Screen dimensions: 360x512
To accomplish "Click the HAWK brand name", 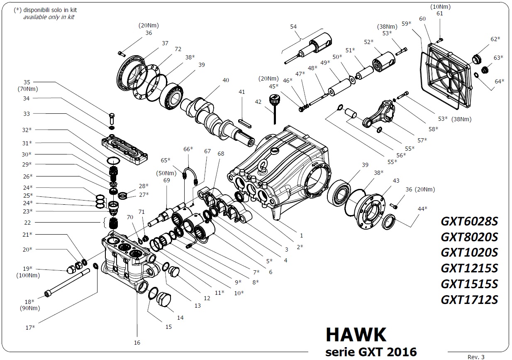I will pos(356,335).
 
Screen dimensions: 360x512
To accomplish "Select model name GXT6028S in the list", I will pos(469,221).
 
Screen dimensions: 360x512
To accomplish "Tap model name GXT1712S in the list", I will pos(469,299).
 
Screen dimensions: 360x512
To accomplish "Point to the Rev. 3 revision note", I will pos(476,356).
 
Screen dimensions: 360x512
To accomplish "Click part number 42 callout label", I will pos(258,102).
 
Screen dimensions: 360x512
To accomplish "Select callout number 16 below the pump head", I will pos(137,343).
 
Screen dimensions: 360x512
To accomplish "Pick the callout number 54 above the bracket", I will pos(293,27).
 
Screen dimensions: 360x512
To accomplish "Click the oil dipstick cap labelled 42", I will pos(273,100).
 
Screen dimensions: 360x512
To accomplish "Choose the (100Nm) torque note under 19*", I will pos(25,275).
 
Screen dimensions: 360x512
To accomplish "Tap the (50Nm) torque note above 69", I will pos(165,173).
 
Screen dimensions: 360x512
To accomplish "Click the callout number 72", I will pos(178,49).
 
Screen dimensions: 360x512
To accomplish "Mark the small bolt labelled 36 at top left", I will pos(121,53).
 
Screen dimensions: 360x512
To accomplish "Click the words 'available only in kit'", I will pos(49,17).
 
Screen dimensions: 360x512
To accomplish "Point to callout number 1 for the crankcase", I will pos(296,236).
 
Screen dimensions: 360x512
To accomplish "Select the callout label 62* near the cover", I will pos(495,39).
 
